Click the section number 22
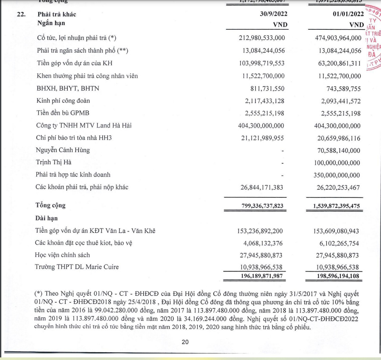coord(21,14)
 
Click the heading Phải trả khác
coord(57,14)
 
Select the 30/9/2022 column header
coord(271,14)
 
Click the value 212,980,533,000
coord(261,38)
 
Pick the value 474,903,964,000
coord(338,38)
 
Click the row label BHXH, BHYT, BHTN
coord(68,88)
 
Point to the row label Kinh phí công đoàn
coord(63,101)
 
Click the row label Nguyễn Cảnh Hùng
coord(63,150)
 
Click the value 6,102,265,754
coord(342,243)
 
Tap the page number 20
coord(185,342)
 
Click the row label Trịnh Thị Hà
coord(54,163)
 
